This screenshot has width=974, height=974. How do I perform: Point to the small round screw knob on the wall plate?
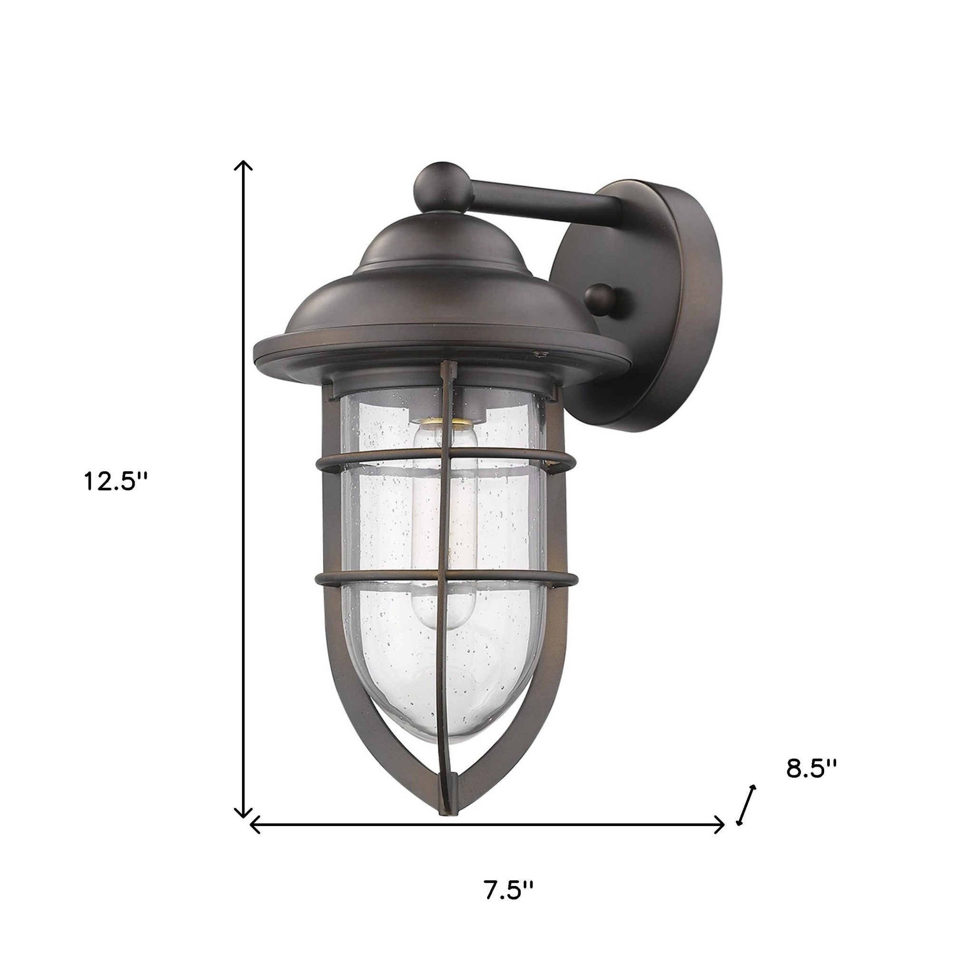[x=604, y=301]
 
